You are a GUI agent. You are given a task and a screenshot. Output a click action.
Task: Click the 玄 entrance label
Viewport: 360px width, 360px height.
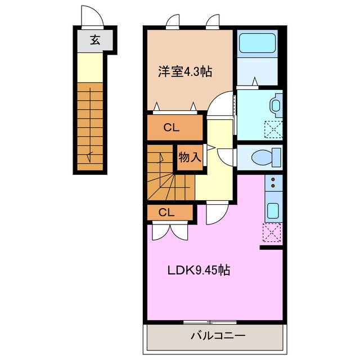coord(95,40)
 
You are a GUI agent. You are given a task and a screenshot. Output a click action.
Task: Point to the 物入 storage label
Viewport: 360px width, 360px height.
coord(190,157)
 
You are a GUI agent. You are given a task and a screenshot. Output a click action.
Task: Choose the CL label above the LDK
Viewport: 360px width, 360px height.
coord(166,212)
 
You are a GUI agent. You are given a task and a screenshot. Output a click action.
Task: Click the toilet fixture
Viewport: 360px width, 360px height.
coord(267,156)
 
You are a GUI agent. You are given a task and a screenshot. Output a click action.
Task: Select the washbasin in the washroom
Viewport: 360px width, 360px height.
coord(276,105)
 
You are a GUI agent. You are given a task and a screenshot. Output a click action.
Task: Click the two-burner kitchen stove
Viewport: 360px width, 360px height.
coord(273,182)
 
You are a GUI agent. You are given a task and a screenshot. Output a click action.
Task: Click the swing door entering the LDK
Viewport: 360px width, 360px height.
coord(216,213)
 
